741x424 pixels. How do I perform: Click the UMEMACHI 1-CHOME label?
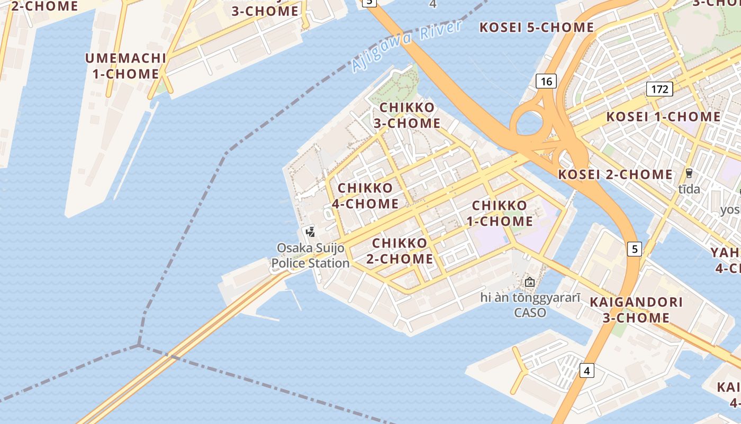click(126, 66)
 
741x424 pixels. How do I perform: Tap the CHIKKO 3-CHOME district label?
click(407, 116)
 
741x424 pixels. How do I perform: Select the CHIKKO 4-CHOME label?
click(365, 196)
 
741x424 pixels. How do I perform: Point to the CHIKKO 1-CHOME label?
click(500, 213)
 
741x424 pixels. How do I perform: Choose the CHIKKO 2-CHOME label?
click(400, 251)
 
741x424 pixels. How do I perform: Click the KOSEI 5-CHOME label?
click(537, 28)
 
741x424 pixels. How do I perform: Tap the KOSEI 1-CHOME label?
click(663, 117)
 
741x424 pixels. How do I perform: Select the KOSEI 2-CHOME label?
click(616, 174)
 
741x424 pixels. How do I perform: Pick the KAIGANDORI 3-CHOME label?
click(636, 310)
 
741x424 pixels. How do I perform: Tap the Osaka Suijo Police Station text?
click(311, 255)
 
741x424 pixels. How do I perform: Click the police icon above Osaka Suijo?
click(311, 232)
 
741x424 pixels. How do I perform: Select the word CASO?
click(530, 313)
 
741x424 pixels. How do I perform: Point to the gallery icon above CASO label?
click(529, 282)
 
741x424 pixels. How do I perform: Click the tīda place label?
click(689, 189)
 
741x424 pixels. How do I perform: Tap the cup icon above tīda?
click(689, 173)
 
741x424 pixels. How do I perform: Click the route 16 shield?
click(546, 81)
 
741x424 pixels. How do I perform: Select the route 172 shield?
click(659, 89)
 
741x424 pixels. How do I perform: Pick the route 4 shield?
click(586, 370)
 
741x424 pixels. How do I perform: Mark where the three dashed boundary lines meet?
click(139, 346)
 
